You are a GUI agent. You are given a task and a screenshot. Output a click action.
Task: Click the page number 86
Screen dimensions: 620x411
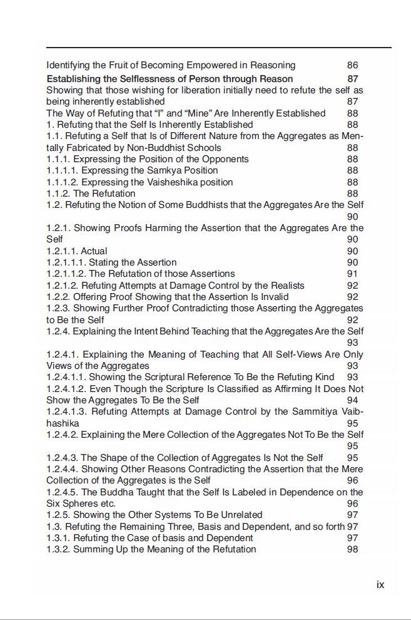pos(352,65)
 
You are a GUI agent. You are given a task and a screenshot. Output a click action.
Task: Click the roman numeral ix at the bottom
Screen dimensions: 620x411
pos(380,584)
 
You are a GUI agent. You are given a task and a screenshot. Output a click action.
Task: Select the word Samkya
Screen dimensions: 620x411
pos(182,170)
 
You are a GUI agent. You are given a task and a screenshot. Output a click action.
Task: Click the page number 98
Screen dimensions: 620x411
pos(352,549)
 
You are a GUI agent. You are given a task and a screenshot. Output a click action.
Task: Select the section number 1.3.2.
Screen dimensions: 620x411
pos(59,549)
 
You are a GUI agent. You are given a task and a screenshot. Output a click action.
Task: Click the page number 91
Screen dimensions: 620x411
pos(352,274)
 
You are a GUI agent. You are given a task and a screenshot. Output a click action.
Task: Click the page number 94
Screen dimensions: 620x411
pos(352,400)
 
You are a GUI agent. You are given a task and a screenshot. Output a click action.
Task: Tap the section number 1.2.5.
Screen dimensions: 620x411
pos(59,515)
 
